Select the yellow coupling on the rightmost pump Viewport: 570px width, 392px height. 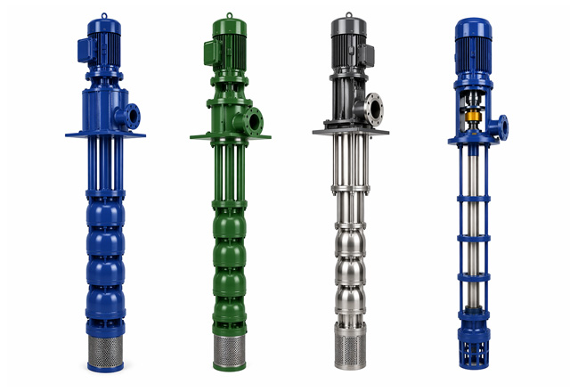point(474,117)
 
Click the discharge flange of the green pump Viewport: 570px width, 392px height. point(253,119)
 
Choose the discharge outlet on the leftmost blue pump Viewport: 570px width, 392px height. point(132,115)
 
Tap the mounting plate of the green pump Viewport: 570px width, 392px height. point(226,137)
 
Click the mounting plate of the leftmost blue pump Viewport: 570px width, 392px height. point(105,135)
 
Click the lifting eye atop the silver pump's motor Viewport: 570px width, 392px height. point(348,15)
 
